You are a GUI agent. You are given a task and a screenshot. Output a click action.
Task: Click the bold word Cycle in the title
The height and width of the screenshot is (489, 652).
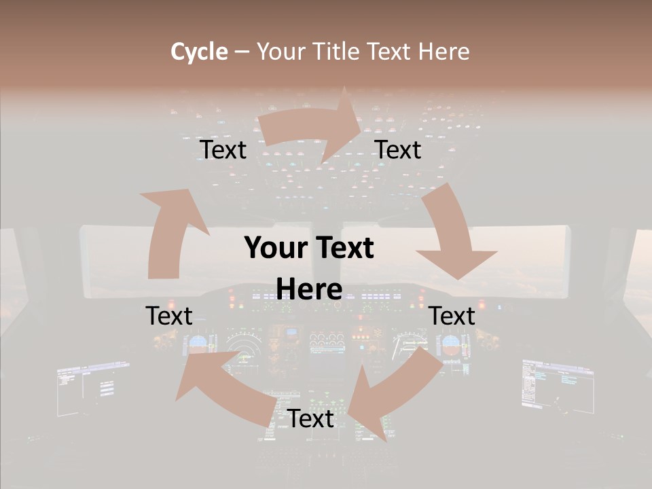(x=199, y=52)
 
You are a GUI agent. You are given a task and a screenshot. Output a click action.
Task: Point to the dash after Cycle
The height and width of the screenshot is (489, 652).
(x=242, y=52)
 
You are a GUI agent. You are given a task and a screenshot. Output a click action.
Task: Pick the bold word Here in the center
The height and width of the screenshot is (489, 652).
(x=309, y=289)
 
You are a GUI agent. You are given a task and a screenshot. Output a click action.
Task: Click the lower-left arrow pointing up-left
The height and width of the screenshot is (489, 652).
(x=224, y=387)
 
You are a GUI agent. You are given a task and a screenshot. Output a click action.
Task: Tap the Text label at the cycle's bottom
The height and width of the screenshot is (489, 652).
(x=310, y=418)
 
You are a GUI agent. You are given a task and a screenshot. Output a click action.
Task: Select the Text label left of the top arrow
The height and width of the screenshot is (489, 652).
(x=223, y=150)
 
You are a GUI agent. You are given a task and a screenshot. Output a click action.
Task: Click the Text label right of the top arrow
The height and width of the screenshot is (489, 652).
(x=398, y=150)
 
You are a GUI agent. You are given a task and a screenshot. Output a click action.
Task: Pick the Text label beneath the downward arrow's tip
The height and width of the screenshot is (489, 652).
(x=452, y=316)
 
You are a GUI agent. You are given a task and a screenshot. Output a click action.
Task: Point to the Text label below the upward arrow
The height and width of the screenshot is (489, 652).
(x=169, y=316)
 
